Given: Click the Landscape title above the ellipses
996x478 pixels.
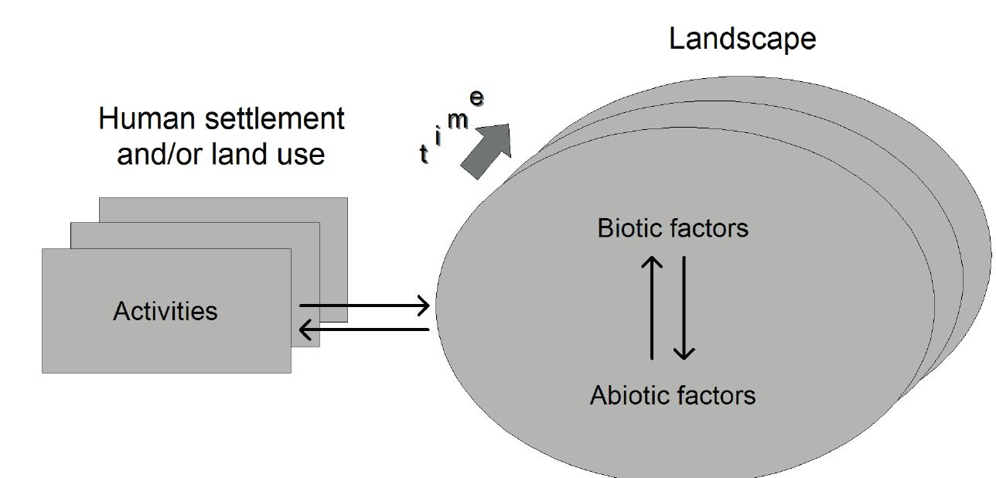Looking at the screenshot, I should click(x=742, y=38).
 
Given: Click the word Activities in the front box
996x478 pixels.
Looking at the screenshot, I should click(x=165, y=311).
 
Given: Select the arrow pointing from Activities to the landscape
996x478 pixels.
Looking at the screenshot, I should click(x=364, y=306).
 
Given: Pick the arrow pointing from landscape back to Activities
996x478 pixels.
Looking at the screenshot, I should click(x=364, y=330).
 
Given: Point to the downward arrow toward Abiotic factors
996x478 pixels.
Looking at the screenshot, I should click(x=684, y=309).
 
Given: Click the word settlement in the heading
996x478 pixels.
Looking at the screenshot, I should click(x=274, y=119).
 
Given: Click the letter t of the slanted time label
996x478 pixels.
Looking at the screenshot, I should click(x=424, y=154).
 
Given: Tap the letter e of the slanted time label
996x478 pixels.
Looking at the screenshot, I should click(x=477, y=98).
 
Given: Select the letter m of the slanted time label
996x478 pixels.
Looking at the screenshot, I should click(x=458, y=121).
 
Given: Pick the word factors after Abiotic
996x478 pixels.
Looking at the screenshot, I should click(x=715, y=395).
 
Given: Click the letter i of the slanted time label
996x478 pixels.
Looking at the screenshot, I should click(x=438, y=137).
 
